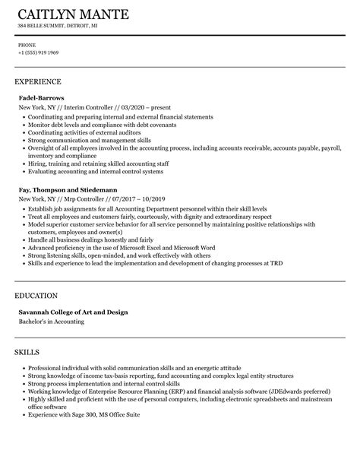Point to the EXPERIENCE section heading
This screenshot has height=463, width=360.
[38, 81]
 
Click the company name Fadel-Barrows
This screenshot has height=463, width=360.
[41, 98]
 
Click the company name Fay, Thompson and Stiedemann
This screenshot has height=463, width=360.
[68, 189]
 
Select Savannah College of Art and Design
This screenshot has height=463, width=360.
[73, 312]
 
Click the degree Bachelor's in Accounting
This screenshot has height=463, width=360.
[52, 322]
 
